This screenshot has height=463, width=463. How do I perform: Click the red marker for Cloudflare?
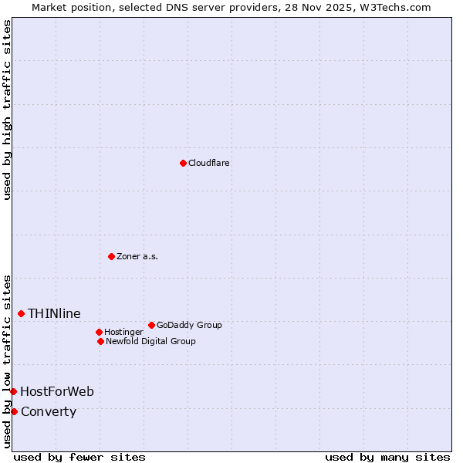point(183,163)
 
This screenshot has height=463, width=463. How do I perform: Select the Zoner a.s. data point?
point(111,256)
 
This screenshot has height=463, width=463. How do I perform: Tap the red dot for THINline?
point(21,313)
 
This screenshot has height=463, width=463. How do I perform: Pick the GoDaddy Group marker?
point(151,325)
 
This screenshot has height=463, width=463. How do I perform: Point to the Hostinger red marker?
point(99,332)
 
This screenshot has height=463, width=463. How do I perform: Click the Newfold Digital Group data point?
point(100,341)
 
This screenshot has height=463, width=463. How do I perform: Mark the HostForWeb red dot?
point(13,391)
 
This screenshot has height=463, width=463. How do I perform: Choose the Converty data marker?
point(14,411)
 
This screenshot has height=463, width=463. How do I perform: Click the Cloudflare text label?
point(209,163)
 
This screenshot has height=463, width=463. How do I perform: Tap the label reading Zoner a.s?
point(137,256)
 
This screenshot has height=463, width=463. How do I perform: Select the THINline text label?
point(54,313)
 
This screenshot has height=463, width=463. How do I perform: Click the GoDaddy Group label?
point(189,325)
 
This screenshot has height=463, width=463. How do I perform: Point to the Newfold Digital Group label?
point(150,341)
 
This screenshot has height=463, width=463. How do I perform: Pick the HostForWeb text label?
point(57,391)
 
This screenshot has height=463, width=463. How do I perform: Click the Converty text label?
point(49,411)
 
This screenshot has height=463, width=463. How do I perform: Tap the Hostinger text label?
point(123,332)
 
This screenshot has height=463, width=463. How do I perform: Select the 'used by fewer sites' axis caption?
point(79,457)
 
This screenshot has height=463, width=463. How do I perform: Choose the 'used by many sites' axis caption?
point(387,457)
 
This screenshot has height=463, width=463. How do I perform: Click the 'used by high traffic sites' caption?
point(7,110)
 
